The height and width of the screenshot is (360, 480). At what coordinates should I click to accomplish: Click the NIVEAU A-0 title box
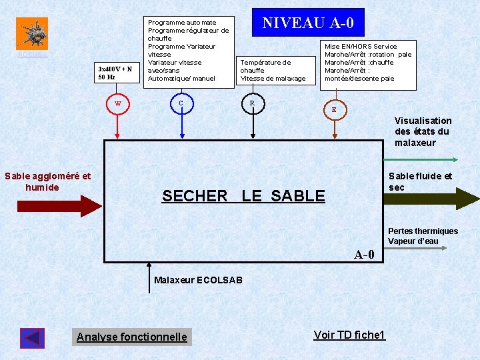[307, 23]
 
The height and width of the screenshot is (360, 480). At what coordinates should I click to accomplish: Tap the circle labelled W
[117, 103]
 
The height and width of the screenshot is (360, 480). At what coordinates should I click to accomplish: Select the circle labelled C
[181, 103]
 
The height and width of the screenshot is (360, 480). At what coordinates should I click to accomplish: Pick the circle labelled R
[252, 103]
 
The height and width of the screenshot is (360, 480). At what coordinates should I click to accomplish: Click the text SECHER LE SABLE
[243, 196]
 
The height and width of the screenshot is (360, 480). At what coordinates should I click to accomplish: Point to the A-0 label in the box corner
[364, 254]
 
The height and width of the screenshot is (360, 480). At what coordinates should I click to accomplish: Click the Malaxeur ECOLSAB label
[198, 280]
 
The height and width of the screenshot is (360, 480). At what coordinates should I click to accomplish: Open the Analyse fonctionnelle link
[132, 337]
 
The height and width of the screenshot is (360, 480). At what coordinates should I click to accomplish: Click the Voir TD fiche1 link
[349, 334]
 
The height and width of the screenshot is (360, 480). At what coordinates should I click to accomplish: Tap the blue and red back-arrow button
[33, 338]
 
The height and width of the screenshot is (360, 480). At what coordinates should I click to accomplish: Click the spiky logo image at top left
[32, 34]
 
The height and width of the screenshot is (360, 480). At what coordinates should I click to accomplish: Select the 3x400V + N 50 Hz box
[115, 72]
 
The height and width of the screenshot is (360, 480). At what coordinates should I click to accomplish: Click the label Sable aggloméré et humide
[47, 181]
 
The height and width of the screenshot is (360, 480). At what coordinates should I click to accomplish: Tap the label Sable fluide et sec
[420, 181]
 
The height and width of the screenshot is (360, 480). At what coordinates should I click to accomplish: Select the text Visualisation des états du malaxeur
[423, 131]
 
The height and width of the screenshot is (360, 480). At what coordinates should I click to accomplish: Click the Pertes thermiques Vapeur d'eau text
[423, 236]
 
